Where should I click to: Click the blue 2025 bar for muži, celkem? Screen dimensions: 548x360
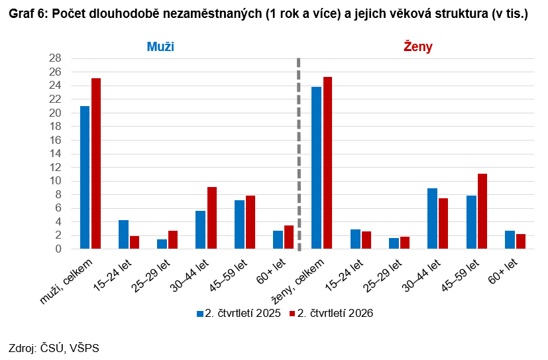pyautogui.click(x=85, y=177)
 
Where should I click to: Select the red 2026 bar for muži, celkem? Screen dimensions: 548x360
pyautogui.click(x=96, y=164)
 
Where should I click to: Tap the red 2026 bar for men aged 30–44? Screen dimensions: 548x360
pyautogui.click(x=212, y=217)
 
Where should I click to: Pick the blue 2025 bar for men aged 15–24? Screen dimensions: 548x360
pyautogui.click(x=123, y=234)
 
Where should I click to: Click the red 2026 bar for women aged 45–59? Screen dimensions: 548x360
pyautogui.click(x=482, y=211)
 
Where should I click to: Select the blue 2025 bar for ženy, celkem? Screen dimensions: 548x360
pyautogui.click(x=316, y=168)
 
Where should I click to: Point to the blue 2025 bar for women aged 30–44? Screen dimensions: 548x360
pyautogui.click(x=432, y=218)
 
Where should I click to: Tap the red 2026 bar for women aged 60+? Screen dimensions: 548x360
pyautogui.click(x=521, y=241)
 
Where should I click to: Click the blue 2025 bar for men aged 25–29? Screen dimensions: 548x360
pyautogui.click(x=162, y=244)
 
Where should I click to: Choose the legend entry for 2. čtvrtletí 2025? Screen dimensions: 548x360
pyautogui.click(x=239, y=313)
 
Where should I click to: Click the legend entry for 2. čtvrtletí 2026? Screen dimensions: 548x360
pyautogui.click(x=331, y=313)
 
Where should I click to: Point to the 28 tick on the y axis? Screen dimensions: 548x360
pyautogui.click(x=55, y=58)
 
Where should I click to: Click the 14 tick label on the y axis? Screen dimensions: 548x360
pyautogui.click(x=55, y=153)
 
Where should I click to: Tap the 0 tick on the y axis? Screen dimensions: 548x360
pyautogui.click(x=58, y=249)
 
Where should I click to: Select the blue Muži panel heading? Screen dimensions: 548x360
pyautogui.click(x=160, y=46)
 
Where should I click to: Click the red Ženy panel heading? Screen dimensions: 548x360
pyautogui.click(x=418, y=46)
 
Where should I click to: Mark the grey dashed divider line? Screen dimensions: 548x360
pyautogui.click(x=299, y=154)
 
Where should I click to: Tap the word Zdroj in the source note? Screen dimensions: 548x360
pyautogui.click(x=22, y=348)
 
